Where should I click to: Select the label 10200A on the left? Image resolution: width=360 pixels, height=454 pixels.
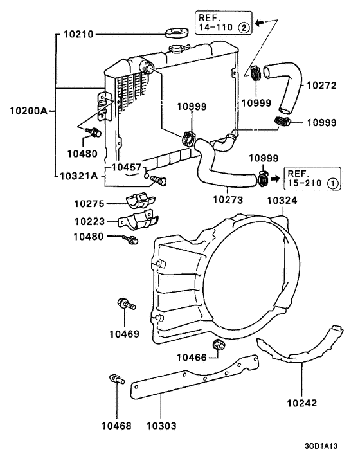(28, 111)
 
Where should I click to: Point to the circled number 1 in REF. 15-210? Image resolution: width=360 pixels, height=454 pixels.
(332, 183)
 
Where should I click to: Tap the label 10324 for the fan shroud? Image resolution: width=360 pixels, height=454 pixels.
(282, 201)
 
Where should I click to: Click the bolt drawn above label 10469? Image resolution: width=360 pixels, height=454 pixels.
(125, 304)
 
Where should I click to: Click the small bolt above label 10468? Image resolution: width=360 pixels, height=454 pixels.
(115, 379)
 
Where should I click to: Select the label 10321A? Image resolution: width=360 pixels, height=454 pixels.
(79, 175)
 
